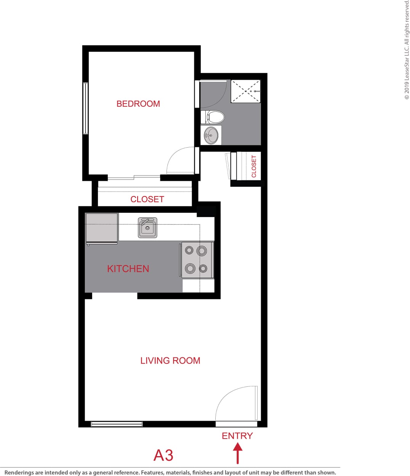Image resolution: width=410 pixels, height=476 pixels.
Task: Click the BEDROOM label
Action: (x=138, y=104)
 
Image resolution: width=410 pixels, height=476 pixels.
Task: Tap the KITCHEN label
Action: (x=128, y=269)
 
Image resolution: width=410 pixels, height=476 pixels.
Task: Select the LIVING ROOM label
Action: (x=170, y=360)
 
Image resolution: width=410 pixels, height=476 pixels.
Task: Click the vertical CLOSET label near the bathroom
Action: (x=254, y=166)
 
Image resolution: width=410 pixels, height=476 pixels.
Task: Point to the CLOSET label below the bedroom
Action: (x=147, y=199)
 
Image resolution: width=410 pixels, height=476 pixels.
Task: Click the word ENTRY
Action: (x=237, y=436)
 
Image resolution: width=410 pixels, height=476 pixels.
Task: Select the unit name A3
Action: (x=163, y=455)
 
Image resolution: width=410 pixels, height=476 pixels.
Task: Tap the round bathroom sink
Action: (x=211, y=135)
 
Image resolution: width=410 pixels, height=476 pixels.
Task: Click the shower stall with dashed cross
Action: (x=245, y=91)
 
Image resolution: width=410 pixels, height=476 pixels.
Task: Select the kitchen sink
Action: (x=147, y=228)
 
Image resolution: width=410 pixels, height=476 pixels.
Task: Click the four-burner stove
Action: (x=197, y=260)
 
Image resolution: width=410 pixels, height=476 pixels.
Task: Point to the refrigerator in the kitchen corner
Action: (x=101, y=228)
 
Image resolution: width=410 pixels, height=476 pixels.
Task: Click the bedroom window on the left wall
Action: (x=85, y=108)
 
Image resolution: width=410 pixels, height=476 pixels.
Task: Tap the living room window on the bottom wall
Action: (x=117, y=424)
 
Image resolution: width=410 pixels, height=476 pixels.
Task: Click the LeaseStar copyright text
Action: (x=407, y=50)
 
